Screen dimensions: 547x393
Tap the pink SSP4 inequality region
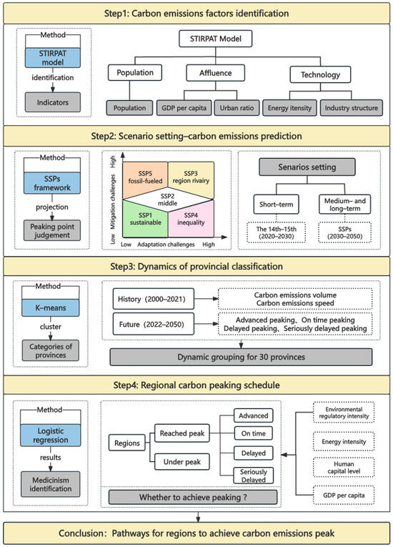191,218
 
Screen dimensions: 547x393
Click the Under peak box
179,463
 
